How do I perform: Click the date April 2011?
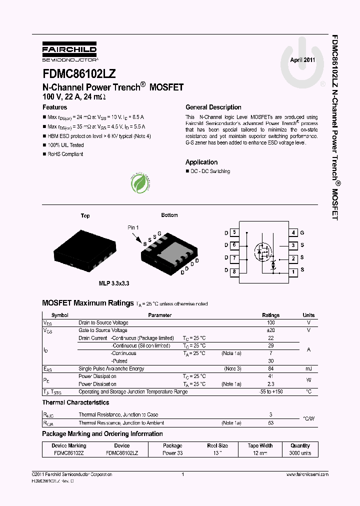(302, 59)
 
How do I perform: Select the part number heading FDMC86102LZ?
(79, 73)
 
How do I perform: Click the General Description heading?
(213, 107)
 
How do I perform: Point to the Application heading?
(201, 162)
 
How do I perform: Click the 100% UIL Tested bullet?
(65, 145)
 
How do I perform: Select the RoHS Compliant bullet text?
(65, 154)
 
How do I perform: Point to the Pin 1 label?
(133, 228)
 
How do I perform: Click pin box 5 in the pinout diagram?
(234, 233)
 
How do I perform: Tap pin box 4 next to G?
(294, 233)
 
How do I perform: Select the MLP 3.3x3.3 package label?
(114, 283)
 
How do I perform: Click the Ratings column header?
(271, 315)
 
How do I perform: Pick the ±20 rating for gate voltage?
(271, 330)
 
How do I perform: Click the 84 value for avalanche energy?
(271, 369)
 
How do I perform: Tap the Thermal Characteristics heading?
(75, 402)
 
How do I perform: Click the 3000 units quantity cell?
(300, 453)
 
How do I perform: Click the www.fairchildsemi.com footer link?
(307, 474)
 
